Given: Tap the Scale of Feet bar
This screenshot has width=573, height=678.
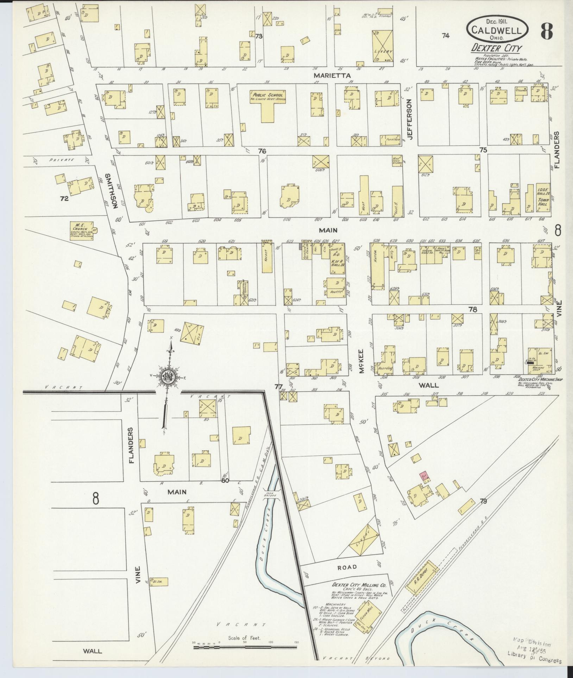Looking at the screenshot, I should point(245,642).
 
